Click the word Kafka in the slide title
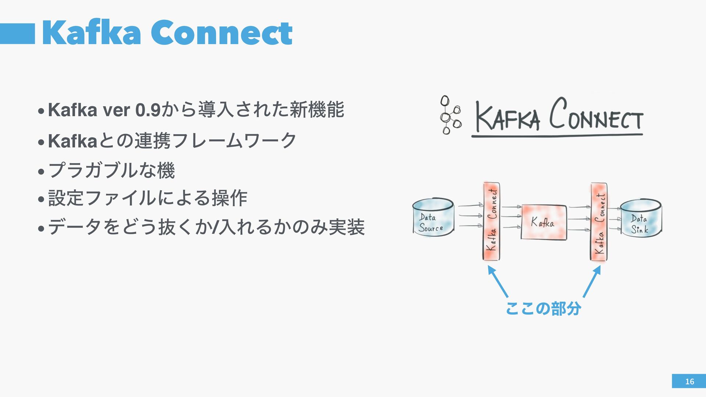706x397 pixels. coord(91,33)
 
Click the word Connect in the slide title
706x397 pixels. coord(221,33)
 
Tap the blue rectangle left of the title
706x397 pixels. coord(17,34)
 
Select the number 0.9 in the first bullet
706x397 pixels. coord(148,110)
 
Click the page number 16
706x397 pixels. coord(689,382)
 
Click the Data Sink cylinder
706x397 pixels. coord(641,218)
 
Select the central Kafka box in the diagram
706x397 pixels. coord(543,222)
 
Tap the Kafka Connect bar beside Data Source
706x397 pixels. coord(491,221)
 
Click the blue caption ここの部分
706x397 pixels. coord(543,308)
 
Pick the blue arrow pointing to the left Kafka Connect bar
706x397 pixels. coord(498,281)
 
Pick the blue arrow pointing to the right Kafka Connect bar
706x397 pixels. coord(592,281)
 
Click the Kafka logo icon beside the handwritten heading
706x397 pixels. coord(450,115)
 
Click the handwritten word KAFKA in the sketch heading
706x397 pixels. coord(507,117)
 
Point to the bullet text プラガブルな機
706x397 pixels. coord(111,171)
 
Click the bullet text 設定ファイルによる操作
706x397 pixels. coord(147,198)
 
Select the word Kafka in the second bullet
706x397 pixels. coord(72,141)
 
